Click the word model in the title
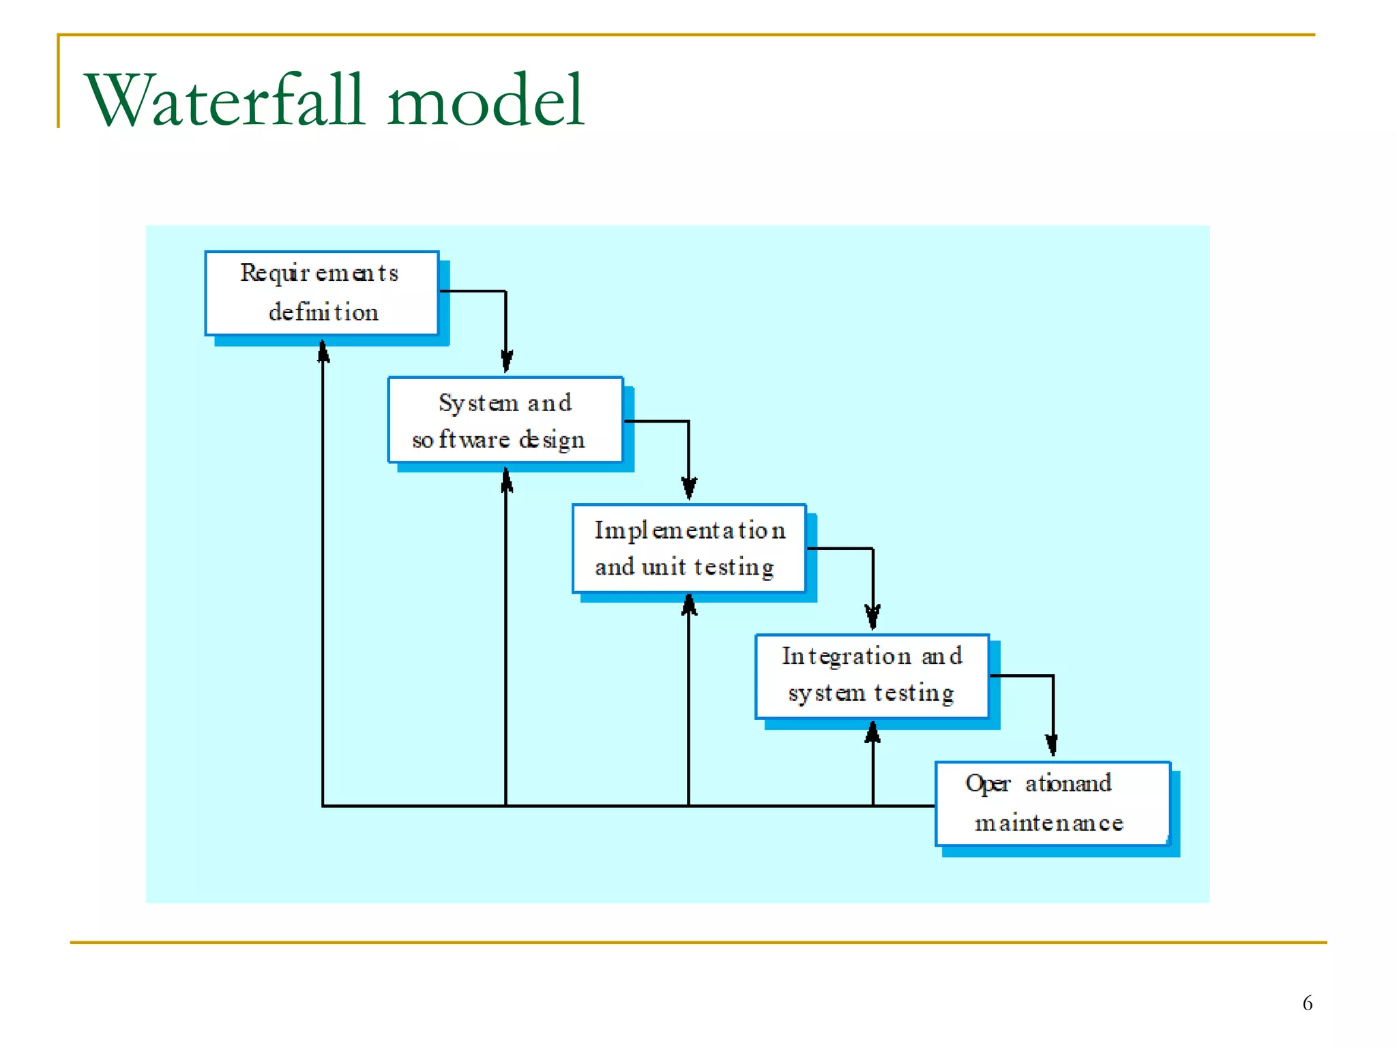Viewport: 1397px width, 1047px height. pos(486,101)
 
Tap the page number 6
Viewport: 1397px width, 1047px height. pos(1307,1003)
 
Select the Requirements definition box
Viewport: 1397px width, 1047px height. pos(321,293)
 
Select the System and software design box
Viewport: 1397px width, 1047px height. pos(505,420)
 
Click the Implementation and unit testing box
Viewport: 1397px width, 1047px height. pos(689,548)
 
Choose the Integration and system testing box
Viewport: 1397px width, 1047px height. pos(872,676)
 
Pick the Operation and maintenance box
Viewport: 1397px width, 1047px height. pos(1052,803)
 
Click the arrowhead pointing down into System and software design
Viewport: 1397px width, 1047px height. pos(506,361)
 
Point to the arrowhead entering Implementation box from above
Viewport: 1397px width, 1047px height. pos(689,487)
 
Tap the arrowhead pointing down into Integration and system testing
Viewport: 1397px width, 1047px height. pos(872,616)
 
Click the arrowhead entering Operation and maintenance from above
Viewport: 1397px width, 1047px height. pos(1052,744)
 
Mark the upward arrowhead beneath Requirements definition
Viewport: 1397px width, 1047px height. pos(323,352)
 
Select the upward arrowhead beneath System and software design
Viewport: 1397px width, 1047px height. pos(506,480)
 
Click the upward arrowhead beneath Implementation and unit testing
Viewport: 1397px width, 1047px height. pos(689,605)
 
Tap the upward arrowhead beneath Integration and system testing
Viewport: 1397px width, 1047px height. pos(872,733)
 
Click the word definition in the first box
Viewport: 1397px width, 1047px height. pos(323,312)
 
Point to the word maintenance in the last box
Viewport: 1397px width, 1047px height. pos(1048,823)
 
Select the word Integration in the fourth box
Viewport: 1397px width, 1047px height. pos(846,656)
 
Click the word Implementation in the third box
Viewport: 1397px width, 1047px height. pos(689,530)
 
